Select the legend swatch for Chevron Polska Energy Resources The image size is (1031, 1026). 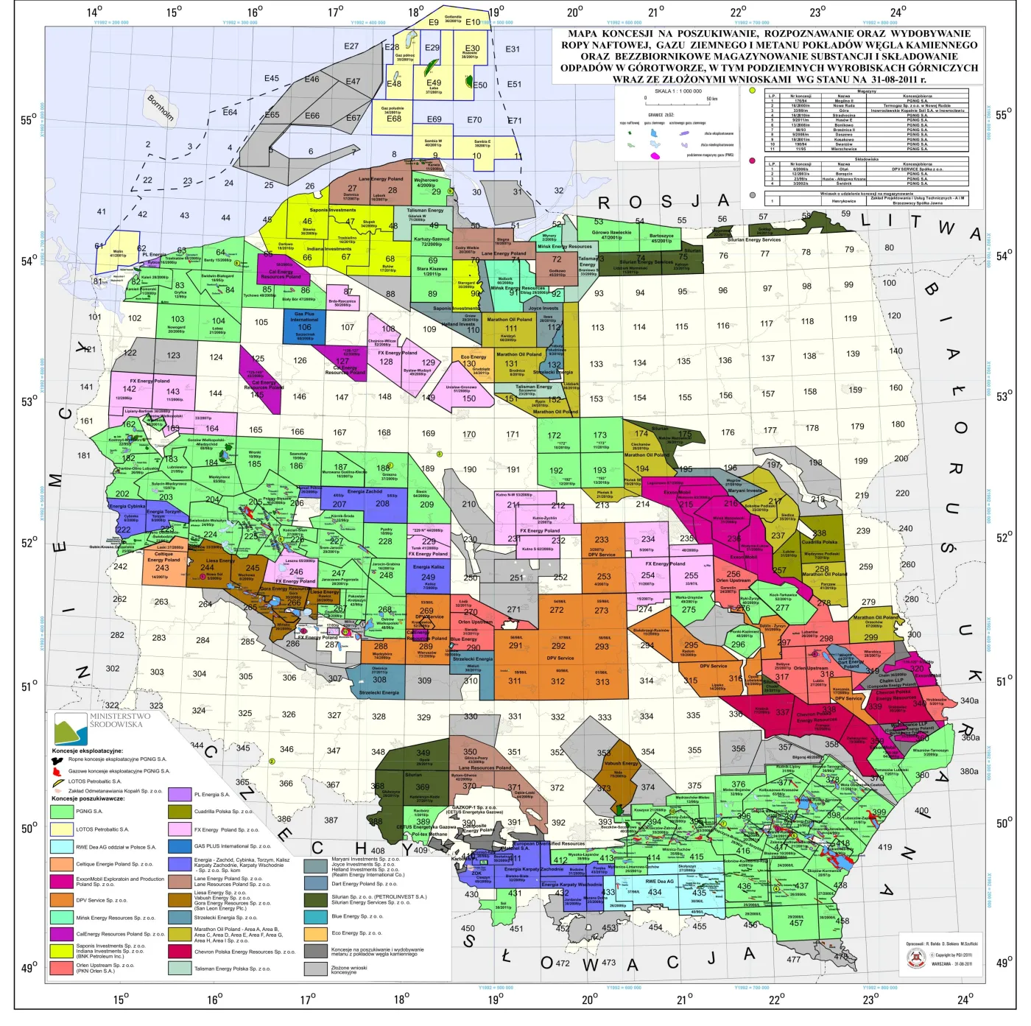point(180,951)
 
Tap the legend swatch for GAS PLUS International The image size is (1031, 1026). point(180,846)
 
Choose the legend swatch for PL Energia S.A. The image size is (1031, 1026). point(180,795)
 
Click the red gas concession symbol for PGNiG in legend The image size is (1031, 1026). point(57,771)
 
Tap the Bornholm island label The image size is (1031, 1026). point(161,108)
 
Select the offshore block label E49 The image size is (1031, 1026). point(434,83)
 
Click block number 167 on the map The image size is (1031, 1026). point(339,432)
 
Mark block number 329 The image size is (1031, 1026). point(424,717)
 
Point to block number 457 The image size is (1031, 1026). point(796,923)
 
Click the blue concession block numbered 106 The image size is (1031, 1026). point(304,327)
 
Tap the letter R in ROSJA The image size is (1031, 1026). point(604,203)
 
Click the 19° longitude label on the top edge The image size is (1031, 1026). point(496,12)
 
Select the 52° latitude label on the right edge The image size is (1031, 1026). point(1004,538)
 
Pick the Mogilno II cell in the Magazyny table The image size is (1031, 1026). point(844,101)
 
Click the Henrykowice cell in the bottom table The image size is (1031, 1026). point(844,201)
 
